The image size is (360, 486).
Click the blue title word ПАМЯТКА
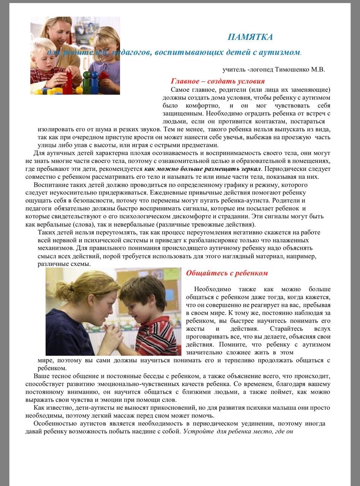click(x=250, y=37)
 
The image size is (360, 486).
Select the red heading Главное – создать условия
click(x=218, y=81)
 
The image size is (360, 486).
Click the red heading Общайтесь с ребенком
click(x=227, y=273)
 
